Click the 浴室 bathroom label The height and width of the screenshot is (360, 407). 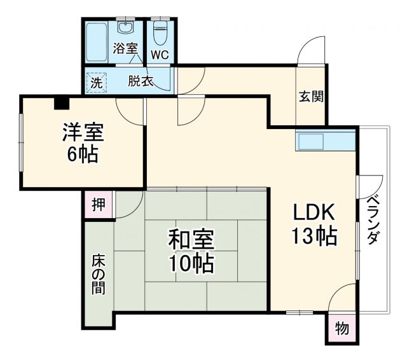pos(125,48)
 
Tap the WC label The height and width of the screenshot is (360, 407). pos(160,54)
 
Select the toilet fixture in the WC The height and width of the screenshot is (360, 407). pos(160,31)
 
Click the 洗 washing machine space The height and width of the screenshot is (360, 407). pos(95,82)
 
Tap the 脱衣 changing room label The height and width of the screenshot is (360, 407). pos(141,81)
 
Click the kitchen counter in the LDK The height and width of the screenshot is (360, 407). pos(324,141)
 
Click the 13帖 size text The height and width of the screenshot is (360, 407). pos(314,236)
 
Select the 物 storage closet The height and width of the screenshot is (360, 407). pos(341,329)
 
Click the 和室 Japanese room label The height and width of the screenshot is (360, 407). pos(191,240)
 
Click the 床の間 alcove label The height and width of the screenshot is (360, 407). pos(99,273)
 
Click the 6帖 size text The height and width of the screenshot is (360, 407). pos(83,155)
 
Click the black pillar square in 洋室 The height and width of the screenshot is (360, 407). pos(61,102)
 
